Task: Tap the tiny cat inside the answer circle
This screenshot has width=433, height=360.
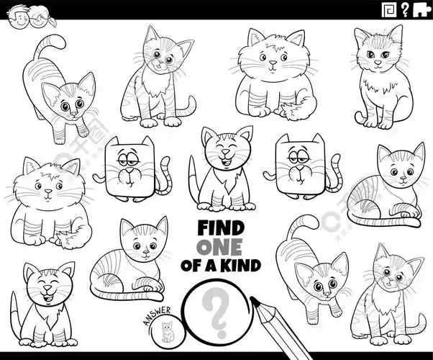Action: point(168,331)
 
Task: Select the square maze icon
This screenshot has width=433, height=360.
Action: point(388,9)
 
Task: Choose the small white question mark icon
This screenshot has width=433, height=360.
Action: point(404,9)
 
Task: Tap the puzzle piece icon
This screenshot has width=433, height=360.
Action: point(421,9)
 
